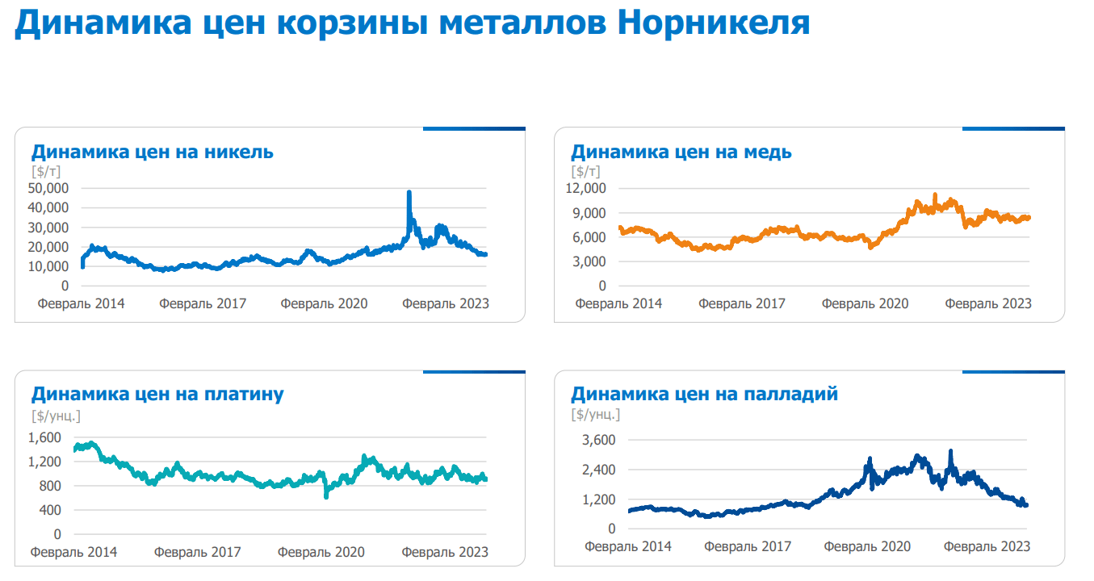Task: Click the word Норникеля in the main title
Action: [x=713, y=23]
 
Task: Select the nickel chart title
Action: [x=152, y=152]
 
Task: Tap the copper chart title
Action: [x=681, y=152]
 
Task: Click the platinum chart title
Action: [x=157, y=394]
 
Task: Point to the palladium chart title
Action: [x=704, y=394]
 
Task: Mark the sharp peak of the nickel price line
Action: [x=409, y=194]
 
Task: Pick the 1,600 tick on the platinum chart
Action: [x=44, y=437]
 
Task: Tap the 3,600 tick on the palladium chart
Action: [x=599, y=440]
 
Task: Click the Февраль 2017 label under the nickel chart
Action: [x=203, y=303]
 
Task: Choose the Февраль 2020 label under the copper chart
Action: [x=865, y=303]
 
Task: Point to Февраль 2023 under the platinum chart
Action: [x=445, y=552]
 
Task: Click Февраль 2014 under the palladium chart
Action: [x=628, y=546]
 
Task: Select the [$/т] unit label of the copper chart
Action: [x=585, y=171]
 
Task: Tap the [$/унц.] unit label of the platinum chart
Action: [x=56, y=416]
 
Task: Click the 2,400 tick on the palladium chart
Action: [x=599, y=470]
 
